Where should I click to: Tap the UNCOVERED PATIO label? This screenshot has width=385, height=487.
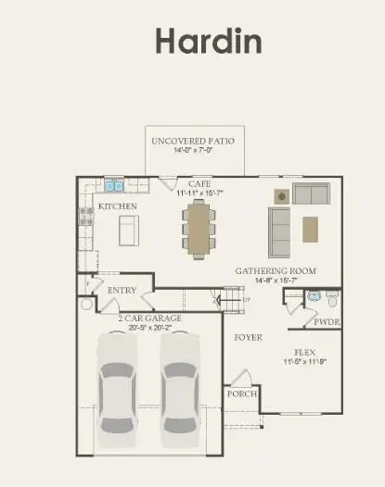coord(193,141)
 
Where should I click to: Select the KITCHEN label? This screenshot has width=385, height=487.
coord(118,206)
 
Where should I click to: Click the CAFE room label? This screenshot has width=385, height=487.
coord(199,184)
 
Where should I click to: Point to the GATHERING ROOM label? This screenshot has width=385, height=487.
coord(276,271)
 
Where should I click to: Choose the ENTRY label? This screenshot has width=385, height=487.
coord(122,290)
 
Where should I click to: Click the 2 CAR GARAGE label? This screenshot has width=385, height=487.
coord(149,318)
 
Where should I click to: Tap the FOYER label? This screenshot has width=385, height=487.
coord(247,337)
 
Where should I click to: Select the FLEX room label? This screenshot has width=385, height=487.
coord(305,353)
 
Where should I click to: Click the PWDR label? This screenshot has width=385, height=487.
coord(325,322)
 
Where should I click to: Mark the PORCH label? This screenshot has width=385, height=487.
coord(241,393)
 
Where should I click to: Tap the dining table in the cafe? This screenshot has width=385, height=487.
coord(199,229)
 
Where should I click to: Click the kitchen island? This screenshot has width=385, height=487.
coord(128,228)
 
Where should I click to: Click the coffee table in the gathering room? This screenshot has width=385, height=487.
coord(310,228)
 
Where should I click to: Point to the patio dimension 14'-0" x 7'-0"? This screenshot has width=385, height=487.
coord(193,151)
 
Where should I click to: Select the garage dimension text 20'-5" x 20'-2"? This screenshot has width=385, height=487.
coord(149,327)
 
